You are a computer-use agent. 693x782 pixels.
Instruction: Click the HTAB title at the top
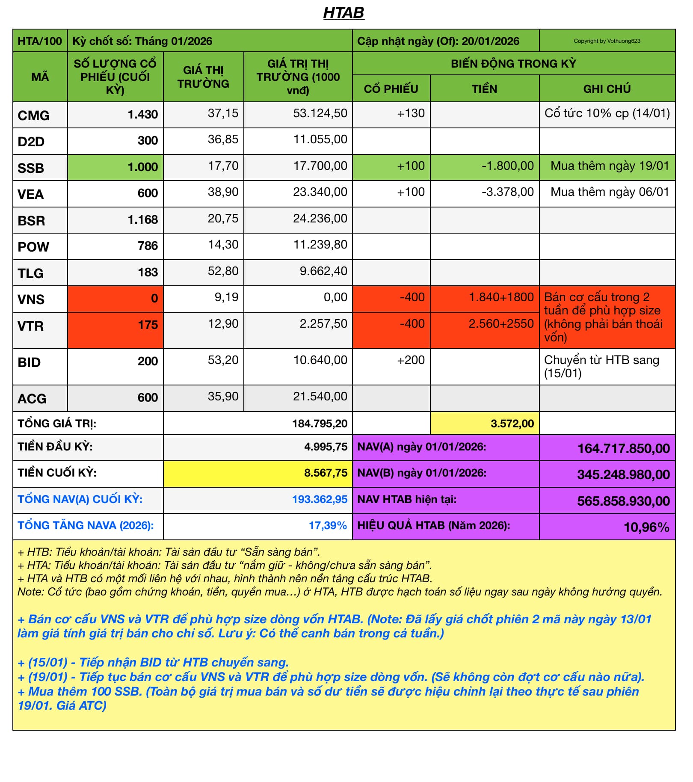[x=344, y=13]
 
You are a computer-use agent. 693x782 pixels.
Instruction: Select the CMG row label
[x=33, y=116]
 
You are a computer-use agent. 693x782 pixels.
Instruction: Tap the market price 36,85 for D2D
[x=223, y=139]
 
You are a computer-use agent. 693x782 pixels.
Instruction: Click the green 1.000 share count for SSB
[x=143, y=167]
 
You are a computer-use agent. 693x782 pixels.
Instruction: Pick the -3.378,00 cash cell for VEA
[x=508, y=192]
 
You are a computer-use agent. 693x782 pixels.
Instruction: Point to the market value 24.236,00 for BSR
[x=320, y=219]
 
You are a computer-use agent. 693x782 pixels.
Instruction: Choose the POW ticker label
[x=33, y=247]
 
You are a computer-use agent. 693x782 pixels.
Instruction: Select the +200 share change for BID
[x=411, y=360]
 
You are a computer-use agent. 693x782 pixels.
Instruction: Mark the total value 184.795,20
[x=320, y=424]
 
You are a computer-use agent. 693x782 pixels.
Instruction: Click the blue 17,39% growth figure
[x=328, y=525]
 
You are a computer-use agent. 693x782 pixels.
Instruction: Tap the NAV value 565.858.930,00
[x=623, y=501]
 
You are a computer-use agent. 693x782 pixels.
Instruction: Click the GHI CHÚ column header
[x=607, y=89]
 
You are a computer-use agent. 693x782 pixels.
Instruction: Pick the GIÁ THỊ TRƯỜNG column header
[x=203, y=77]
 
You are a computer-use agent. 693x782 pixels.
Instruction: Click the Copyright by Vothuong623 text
[x=607, y=41]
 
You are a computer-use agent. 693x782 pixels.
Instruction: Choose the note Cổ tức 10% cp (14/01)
[x=607, y=113]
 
